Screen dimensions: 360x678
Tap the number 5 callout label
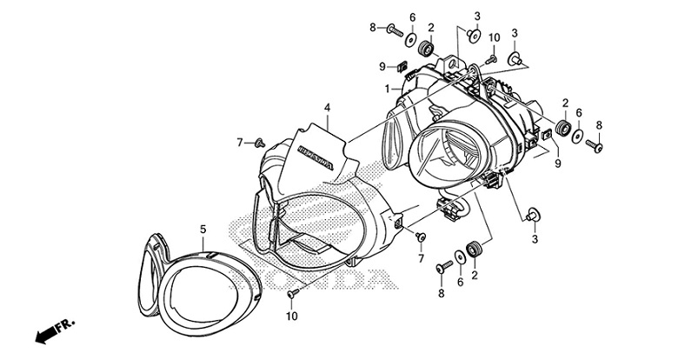point(203,229)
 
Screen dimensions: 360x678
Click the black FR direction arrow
point(42,334)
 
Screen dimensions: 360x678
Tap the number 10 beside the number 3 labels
point(494,37)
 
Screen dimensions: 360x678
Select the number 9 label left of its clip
point(382,66)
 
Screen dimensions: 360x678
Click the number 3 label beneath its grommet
point(535,237)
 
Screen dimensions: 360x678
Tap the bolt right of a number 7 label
point(260,141)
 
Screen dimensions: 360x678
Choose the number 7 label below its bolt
point(422,259)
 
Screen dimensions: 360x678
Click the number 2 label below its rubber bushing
point(475,276)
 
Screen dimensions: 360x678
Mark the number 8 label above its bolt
point(599,125)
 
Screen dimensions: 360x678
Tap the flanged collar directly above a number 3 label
point(533,211)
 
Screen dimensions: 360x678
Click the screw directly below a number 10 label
point(492,57)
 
